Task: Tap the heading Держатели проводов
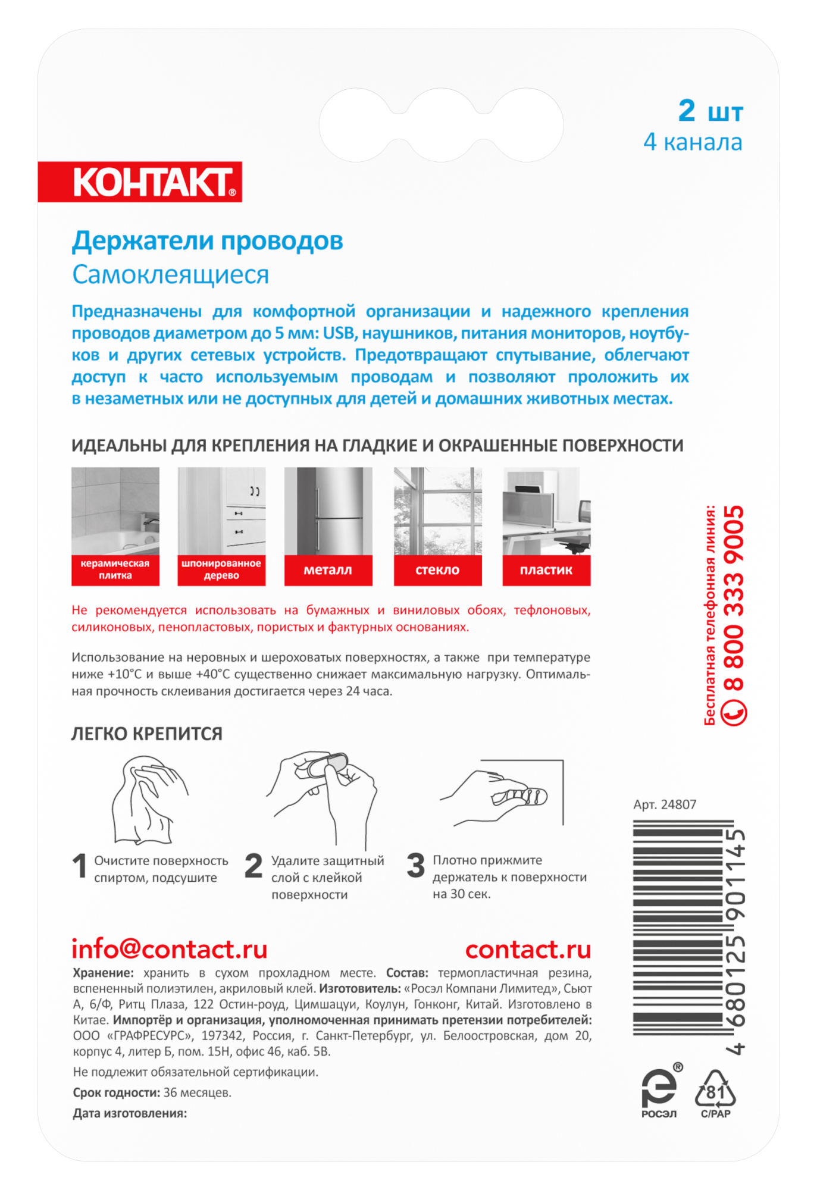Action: [207, 241]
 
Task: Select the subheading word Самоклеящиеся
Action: [170, 275]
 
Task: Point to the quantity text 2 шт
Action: [710, 111]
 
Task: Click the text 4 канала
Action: [693, 143]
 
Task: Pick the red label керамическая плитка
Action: [115, 569]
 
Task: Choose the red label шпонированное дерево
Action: [221, 569]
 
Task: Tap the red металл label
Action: [328, 570]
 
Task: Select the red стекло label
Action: [437, 570]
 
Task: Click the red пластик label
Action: [546, 570]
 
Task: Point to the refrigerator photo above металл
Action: [328, 511]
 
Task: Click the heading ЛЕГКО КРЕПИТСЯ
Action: [147, 734]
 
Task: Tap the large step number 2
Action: [253, 866]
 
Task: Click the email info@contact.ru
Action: [170, 950]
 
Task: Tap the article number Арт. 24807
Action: [665, 805]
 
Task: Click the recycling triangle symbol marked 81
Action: [715, 1092]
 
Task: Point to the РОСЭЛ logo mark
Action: [659, 1092]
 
